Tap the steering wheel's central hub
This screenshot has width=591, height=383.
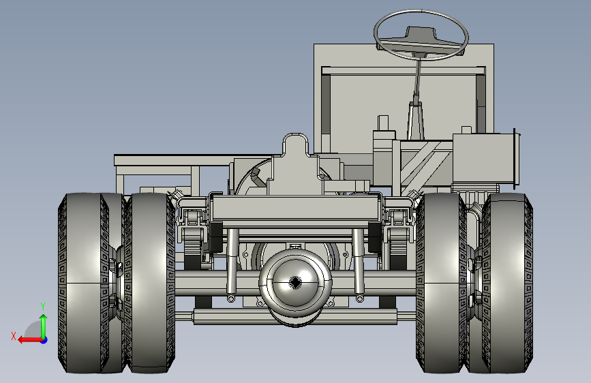point(421,33)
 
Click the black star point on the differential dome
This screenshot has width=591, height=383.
point(295,282)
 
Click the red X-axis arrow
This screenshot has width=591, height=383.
point(30,340)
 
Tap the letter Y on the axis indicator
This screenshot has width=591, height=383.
point(43,306)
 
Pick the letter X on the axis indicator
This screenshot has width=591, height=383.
point(14,336)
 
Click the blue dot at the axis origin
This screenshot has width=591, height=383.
point(44,340)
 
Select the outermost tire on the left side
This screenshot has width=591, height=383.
point(81,283)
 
